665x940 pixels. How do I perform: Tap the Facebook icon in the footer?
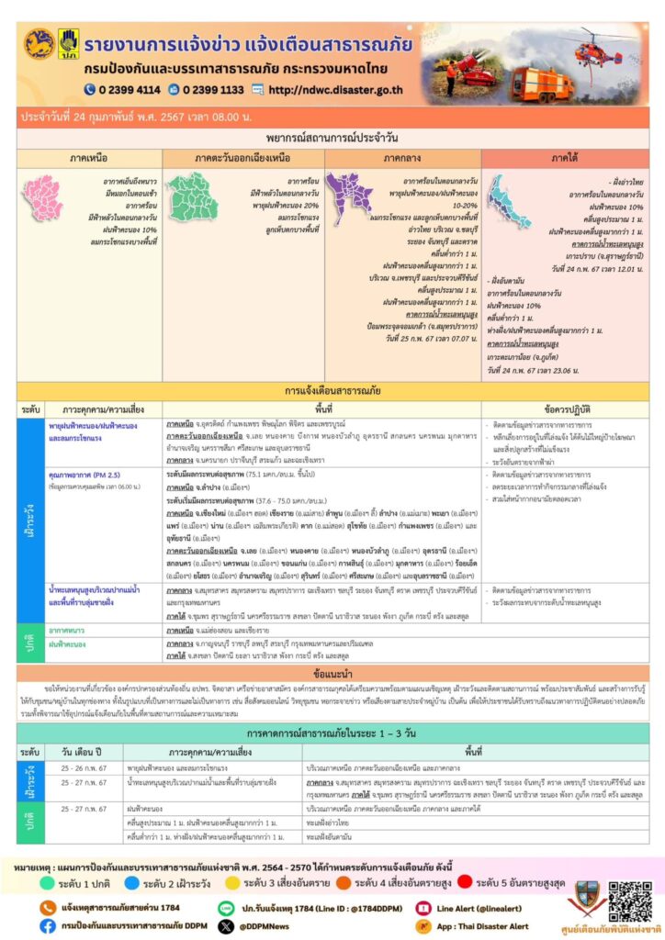coord(47,926)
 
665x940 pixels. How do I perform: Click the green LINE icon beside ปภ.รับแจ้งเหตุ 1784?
coord(226,907)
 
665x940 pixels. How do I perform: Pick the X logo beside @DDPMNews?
coord(226,926)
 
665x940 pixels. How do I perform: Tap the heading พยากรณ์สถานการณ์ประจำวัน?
coord(332,137)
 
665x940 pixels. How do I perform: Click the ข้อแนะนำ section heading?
coord(332,672)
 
